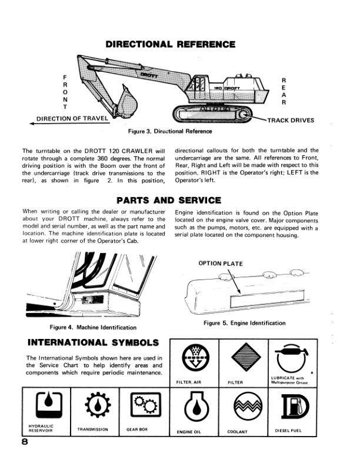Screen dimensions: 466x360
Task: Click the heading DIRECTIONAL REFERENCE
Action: pos(170,45)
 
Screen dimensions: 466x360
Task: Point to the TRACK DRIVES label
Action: pos(291,121)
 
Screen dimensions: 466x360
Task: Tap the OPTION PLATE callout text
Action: pos(221,264)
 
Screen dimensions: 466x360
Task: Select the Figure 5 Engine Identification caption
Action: pos(244,323)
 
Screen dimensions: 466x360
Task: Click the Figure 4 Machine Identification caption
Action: pos(94,327)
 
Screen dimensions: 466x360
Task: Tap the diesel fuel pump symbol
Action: pos(292,406)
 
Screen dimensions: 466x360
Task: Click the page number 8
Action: pos(26,445)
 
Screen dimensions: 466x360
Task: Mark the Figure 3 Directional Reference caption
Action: pos(170,131)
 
